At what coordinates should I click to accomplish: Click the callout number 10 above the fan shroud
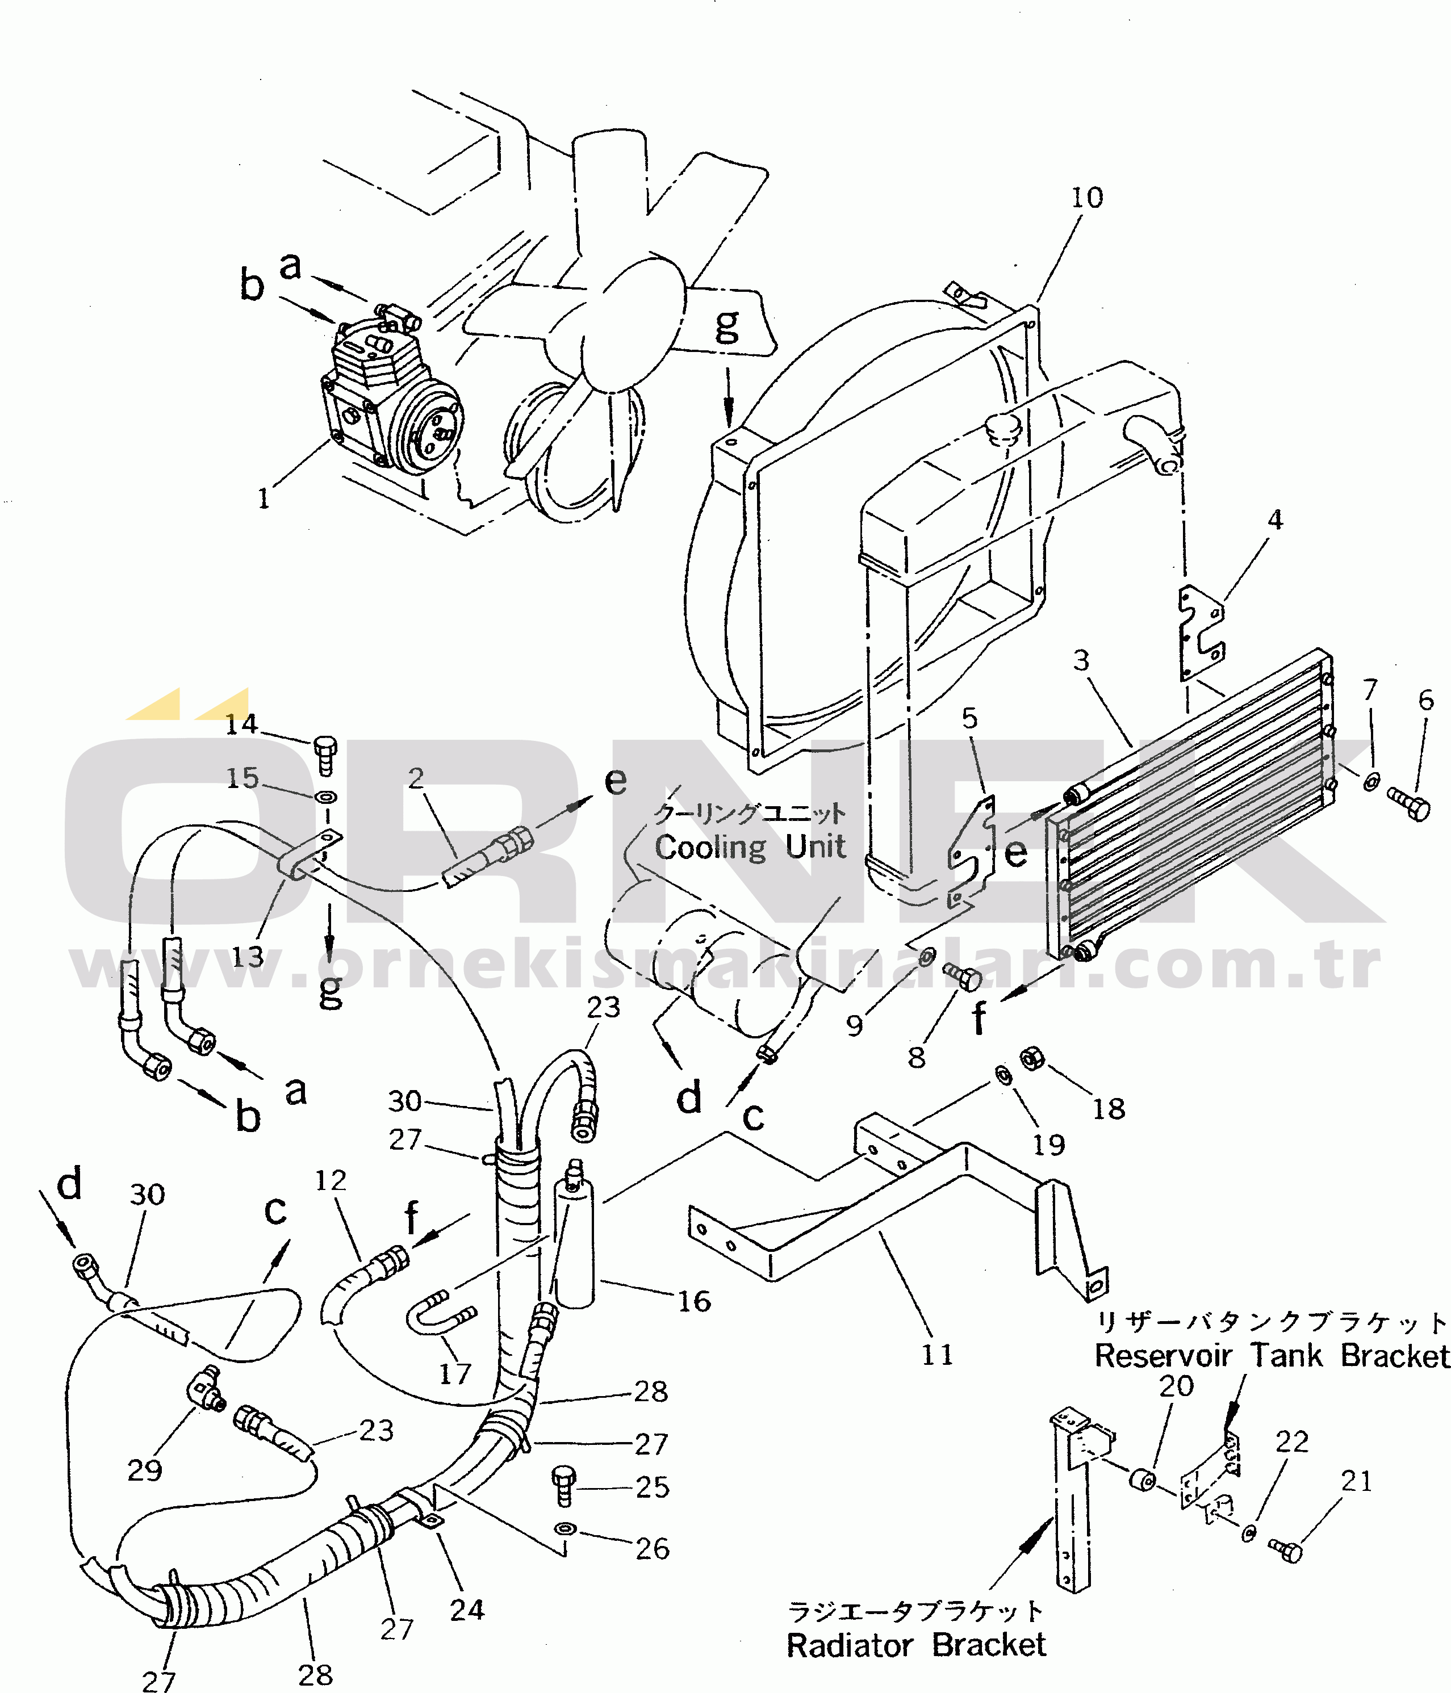point(1086,197)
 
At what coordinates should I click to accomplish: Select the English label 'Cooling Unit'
point(750,846)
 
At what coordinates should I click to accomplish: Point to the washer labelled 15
point(326,796)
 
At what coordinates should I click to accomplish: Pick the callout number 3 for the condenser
point(1081,660)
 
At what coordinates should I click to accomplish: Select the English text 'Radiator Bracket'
point(915,1645)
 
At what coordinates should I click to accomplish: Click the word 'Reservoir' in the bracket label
point(1163,1356)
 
